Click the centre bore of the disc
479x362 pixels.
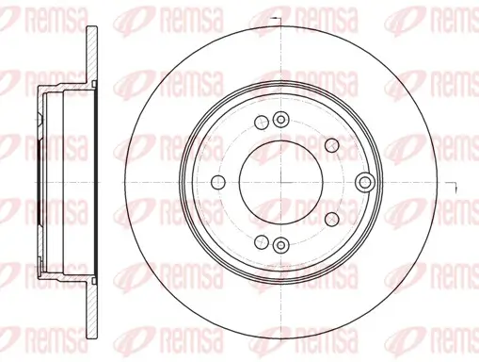(x=279, y=182)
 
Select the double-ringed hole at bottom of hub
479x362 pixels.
(x=279, y=245)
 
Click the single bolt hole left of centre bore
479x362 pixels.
(x=217, y=182)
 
